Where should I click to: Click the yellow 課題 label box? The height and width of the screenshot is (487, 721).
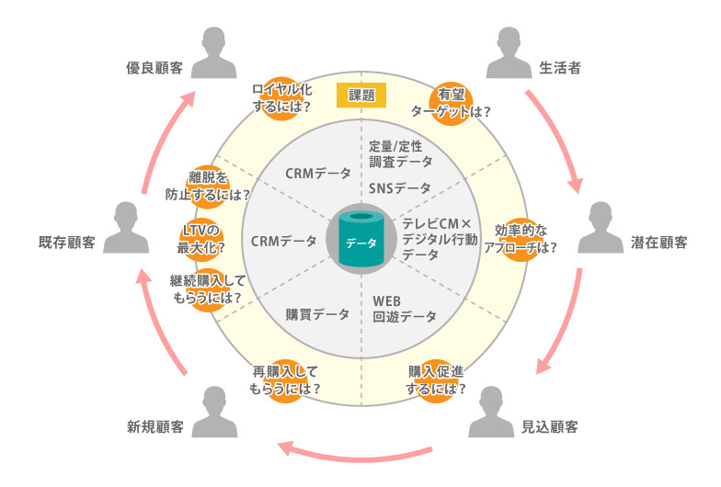(360, 95)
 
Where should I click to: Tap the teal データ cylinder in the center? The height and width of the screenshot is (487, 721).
(360, 241)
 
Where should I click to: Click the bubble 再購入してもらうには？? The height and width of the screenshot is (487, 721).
(286, 379)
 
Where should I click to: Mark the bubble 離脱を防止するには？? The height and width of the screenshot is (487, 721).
(207, 187)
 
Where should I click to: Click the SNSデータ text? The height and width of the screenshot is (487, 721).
(399, 188)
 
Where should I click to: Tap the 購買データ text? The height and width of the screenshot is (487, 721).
(317, 314)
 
